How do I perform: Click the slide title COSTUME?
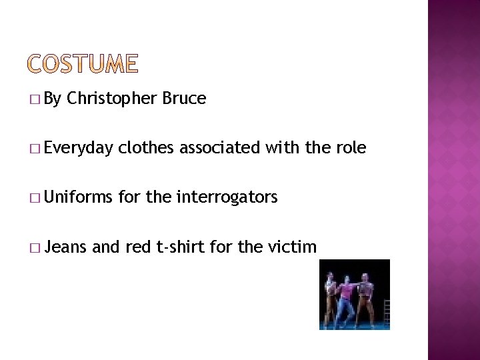pos(84,64)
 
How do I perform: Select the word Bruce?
pos(184,99)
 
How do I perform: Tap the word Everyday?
pos(80,148)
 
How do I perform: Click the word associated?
pos(219,147)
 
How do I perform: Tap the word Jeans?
pos(66,247)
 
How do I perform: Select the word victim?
pos(292,247)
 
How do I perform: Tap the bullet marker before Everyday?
pos(34,149)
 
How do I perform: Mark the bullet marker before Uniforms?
pos(34,199)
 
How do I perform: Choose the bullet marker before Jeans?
pos(34,248)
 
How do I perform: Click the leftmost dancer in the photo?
pos(330,299)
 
